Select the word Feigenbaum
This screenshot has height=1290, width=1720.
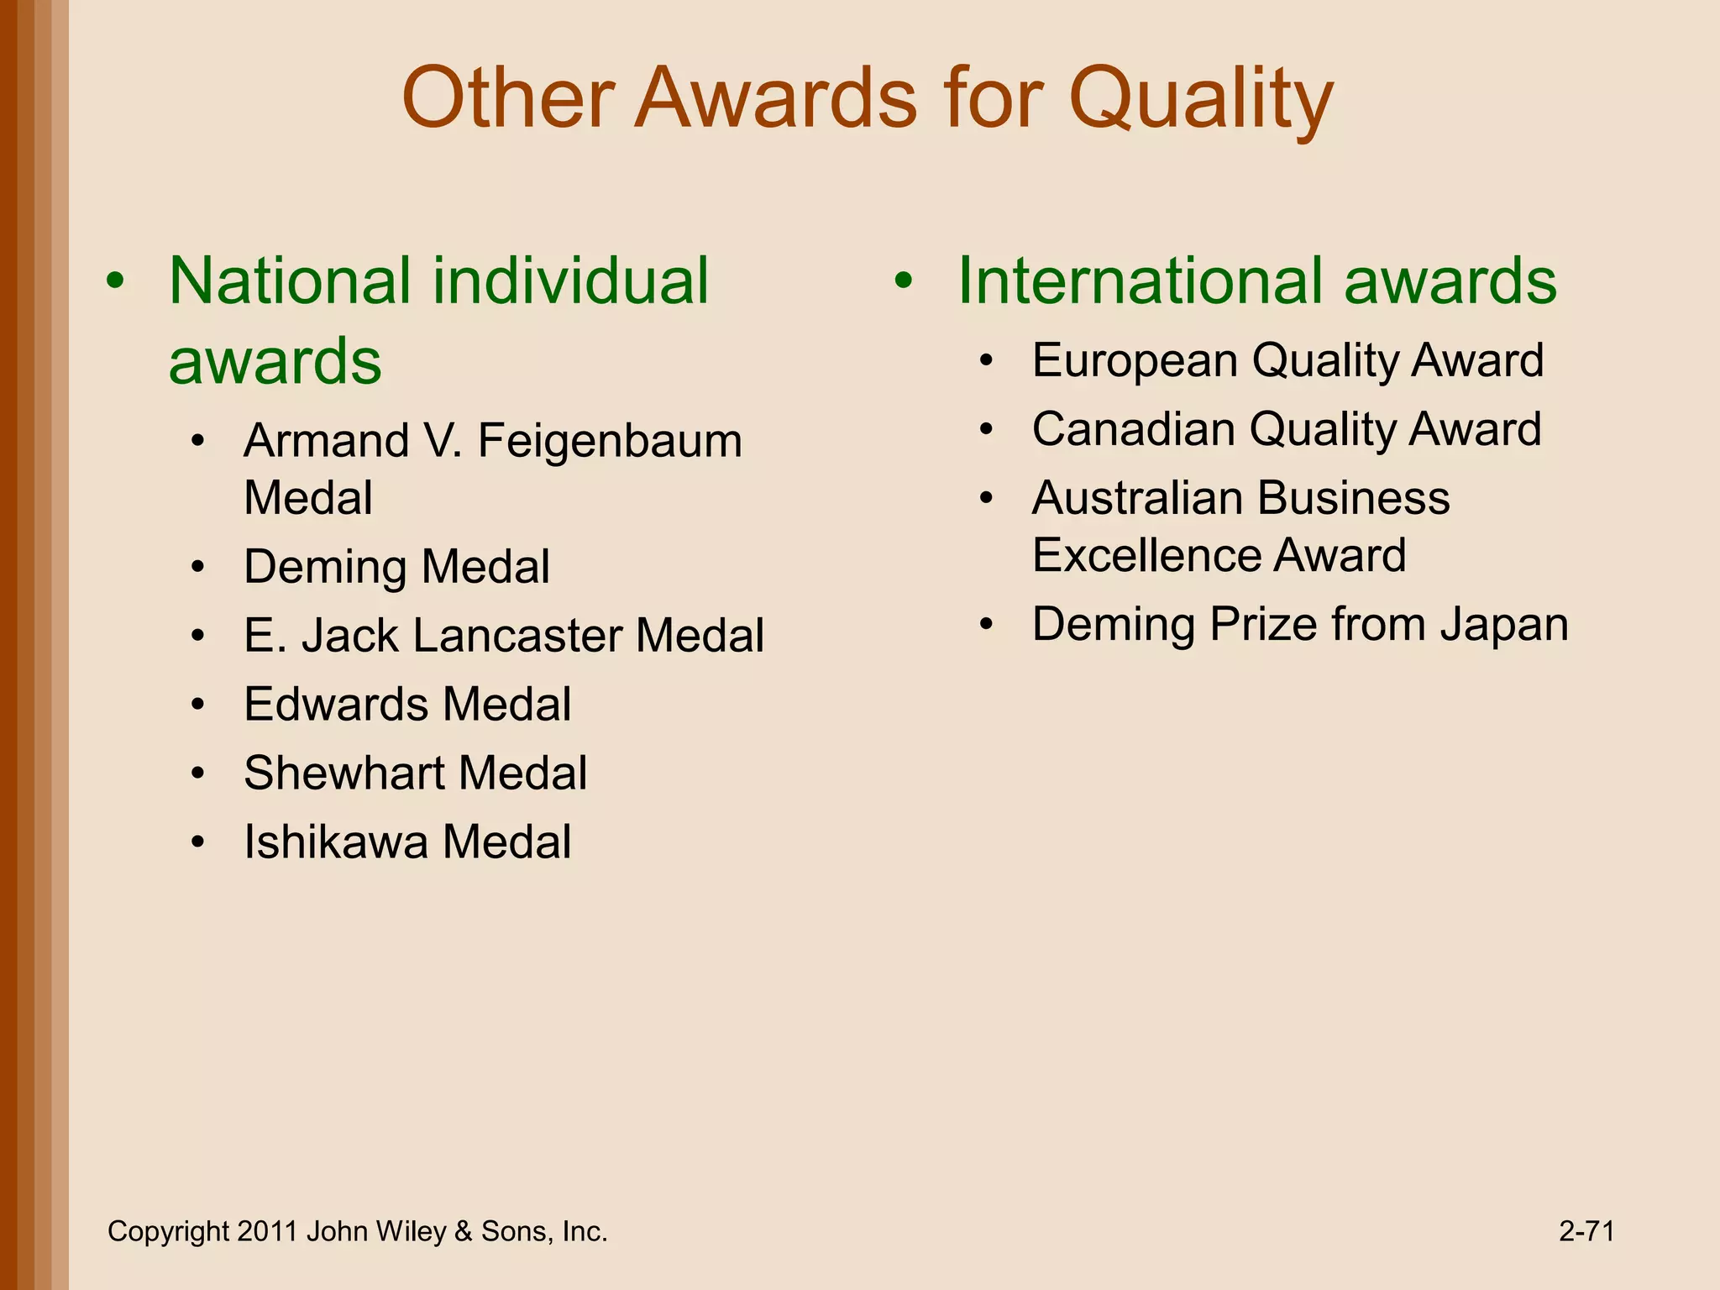click(610, 442)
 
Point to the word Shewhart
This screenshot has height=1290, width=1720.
click(343, 773)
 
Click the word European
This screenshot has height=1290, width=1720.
click(1134, 361)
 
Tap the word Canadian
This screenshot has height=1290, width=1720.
click(1133, 429)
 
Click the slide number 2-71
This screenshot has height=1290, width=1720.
click(1586, 1231)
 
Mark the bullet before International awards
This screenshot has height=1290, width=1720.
click(904, 282)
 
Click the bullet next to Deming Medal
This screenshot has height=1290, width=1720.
click(197, 568)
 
